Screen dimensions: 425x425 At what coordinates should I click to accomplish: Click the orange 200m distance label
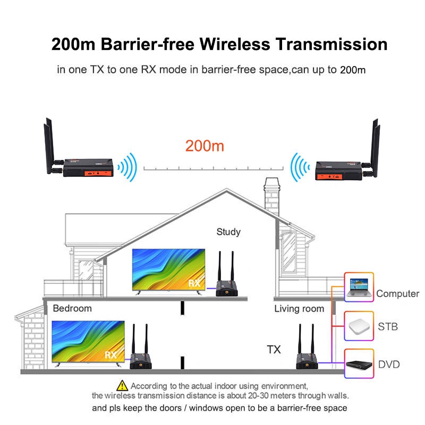(x=205, y=146)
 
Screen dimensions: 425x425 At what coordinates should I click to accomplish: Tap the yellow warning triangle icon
(x=122, y=385)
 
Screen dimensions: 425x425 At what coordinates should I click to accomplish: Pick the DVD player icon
(x=359, y=364)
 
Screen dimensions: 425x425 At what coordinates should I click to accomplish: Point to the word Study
(x=228, y=232)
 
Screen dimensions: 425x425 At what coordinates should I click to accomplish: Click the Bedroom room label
(x=72, y=308)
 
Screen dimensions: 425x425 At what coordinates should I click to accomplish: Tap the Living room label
(x=299, y=308)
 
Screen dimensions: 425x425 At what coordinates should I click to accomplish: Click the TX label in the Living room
(x=274, y=349)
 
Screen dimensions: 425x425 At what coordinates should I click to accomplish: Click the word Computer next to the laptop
(x=398, y=294)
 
